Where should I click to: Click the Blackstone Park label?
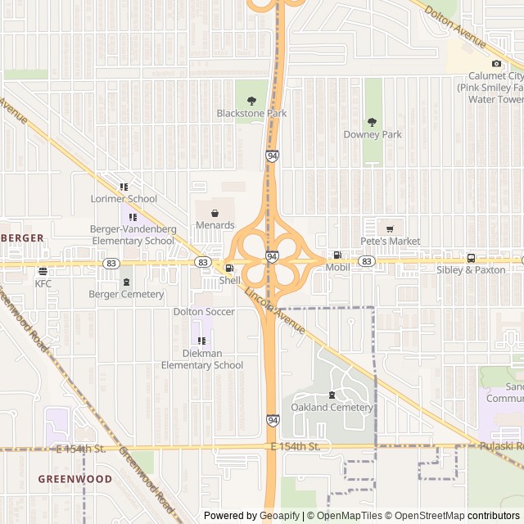(x=251, y=113)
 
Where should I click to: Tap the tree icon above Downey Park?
(x=373, y=122)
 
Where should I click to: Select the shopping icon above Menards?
(x=215, y=213)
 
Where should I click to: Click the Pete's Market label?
(x=391, y=242)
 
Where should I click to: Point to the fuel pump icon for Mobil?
(x=337, y=255)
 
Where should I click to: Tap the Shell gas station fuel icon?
(x=229, y=268)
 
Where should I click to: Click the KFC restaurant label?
(x=43, y=283)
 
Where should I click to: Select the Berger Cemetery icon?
(x=126, y=282)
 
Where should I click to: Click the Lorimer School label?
(x=124, y=199)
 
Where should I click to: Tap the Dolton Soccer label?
(x=204, y=312)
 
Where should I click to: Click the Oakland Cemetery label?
(x=332, y=408)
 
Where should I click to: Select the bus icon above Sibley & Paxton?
(x=471, y=257)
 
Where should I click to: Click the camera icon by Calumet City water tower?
(x=496, y=64)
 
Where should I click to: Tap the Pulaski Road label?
(x=496, y=446)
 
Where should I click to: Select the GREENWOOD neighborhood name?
(x=75, y=478)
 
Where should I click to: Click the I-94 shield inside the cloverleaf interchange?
(x=270, y=256)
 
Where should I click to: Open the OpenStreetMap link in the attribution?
(x=424, y=516)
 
